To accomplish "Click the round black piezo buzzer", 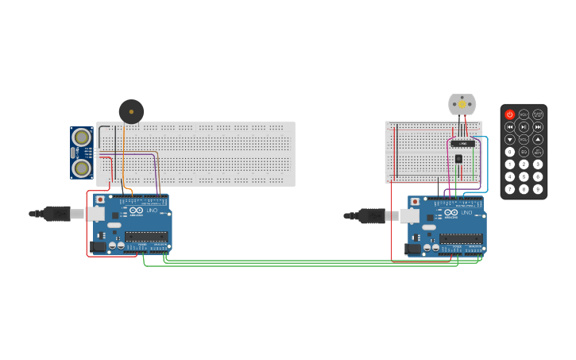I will [x=131, y=111].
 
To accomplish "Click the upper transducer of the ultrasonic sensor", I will [x=81, y=137].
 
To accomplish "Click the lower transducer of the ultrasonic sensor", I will [x=81, y=168].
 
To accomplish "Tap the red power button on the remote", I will [x=510, y=114].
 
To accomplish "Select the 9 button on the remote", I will [x=538, y=189].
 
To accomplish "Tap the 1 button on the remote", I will [x=510, y=165].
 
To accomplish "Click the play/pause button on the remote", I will [x=524, y=127].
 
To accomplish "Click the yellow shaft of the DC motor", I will [x=462, y=104].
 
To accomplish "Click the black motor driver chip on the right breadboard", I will [x=462, y=144].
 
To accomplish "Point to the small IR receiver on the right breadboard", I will [x=458, y=159].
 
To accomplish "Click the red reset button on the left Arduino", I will [x=100, y=199].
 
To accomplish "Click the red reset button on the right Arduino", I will [x=415, y=202].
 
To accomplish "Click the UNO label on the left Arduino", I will [x=152, y=211].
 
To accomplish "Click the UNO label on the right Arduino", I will [x=466, y=213].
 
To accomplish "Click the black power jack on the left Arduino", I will [x=99, y=247].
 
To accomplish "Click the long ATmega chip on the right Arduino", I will [x=461, y=238].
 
